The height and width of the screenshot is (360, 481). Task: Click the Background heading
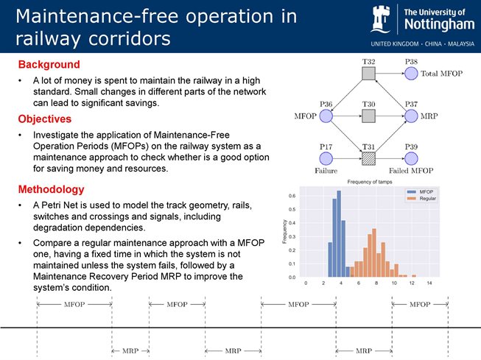pyautogui.click(x=49, y=65)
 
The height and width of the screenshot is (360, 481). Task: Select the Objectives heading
pyautogui.click(x=45, y=119)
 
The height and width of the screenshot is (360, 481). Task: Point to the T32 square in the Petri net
pyautogui.click(x=369, y=74)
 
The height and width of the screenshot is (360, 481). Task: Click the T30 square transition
pyautogui.click(x=369, y=116)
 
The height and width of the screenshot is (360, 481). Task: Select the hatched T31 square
pyautogui.click(x=369, y=158)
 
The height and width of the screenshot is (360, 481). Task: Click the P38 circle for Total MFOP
pyautogui.click(x=411, y=74)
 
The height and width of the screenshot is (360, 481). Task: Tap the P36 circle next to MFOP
pyautogui.click(x=326, y=116)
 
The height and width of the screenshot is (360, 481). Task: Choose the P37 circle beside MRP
pyautogui.click(x=411, y=116)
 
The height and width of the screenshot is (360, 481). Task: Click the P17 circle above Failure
pyautogui.click(x=326, y=158)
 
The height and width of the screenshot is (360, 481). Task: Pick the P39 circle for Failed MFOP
pyautogui.click(x=411, y=158)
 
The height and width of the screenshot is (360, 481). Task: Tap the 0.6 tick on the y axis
pyautogui.click(x=292, y=196)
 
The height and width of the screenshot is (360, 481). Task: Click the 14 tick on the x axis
pyautogui.click(x=428, y=283)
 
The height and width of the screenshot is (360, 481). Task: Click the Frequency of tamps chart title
pyautogui.click(x=365, y=181)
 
